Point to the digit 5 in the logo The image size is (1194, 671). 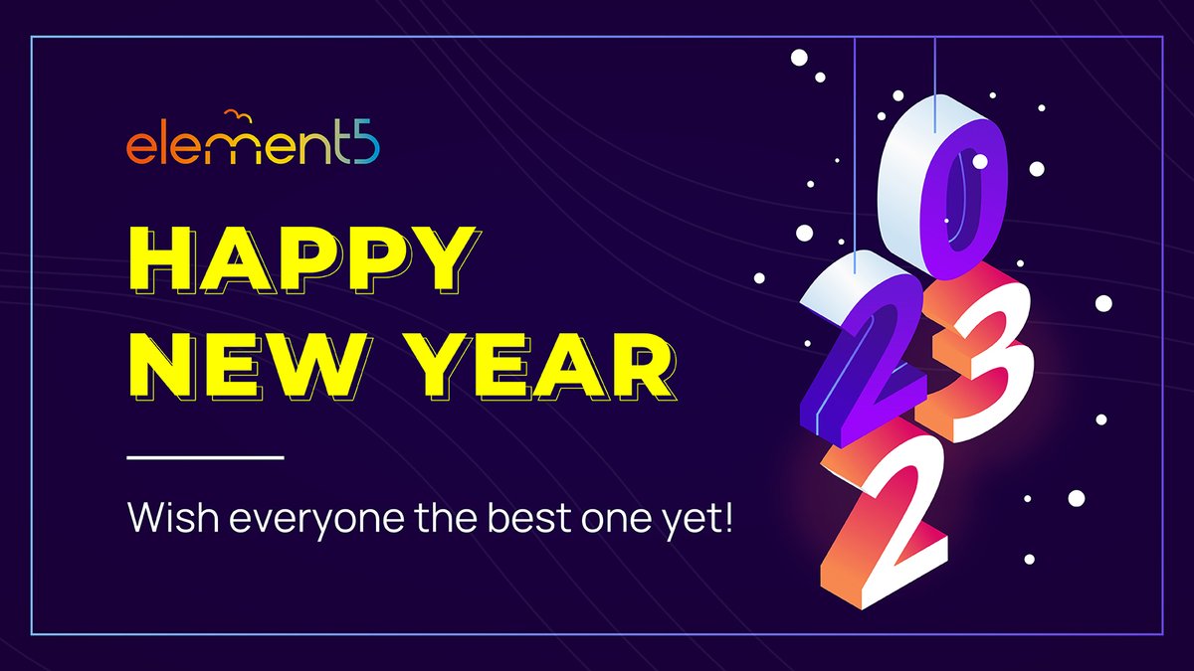[364, 145]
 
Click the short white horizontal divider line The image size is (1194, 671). [206, 458]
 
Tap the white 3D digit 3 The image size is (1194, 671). [980, 358]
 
